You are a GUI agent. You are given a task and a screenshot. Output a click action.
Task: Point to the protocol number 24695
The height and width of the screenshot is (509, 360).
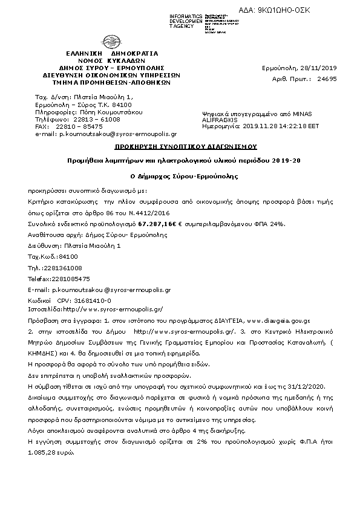coord(327,79)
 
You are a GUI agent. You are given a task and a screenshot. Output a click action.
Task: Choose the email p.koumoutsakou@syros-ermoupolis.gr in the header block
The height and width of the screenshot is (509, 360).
coord(117,134)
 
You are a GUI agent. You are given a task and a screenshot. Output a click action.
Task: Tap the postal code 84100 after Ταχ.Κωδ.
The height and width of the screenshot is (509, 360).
coord(65,257)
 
